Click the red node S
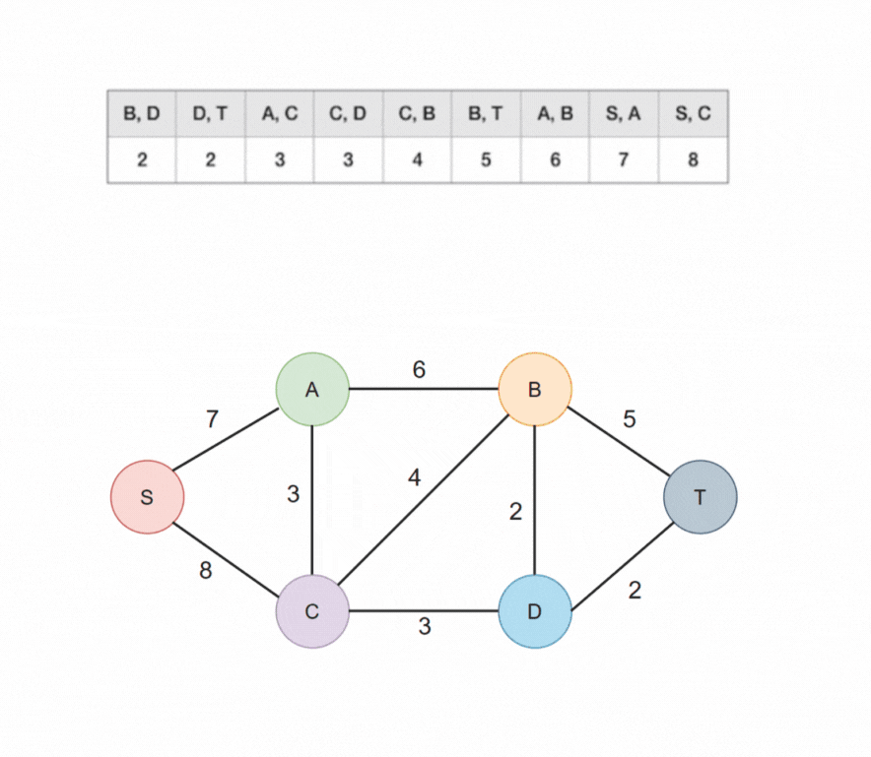click(147, 496)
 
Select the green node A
click(312, 390)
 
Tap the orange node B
click(535, 390)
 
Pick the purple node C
click(312, 611)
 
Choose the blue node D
click(535, 611)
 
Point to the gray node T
click(701, 496)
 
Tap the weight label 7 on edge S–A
click(212, 419)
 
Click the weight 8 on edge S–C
click(205, 570)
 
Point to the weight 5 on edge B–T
click(629, 419)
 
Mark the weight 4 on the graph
click(415, 478)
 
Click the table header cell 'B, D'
click(142, 113)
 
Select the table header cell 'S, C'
click(694, 113)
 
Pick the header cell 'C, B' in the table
click(418, 113)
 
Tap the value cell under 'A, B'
click(556, 159)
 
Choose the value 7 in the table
click(625, 159)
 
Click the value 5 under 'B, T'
click(487, 159)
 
